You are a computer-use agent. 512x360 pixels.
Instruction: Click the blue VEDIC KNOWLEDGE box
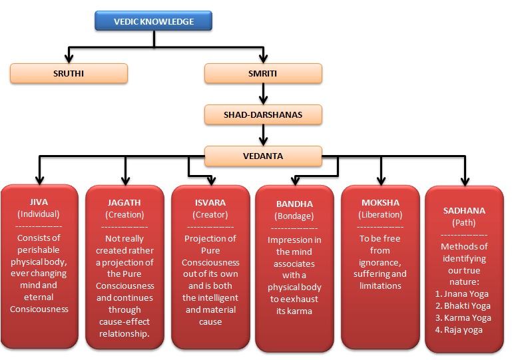click(x=154, y=21)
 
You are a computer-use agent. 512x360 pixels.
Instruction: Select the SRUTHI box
click(x=69, y=73)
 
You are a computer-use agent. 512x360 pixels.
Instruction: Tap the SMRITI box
click(x=263, y=73)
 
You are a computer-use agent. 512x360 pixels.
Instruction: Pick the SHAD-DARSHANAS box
click(x=263, y=114)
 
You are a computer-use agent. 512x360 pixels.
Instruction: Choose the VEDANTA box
click(x=263, y=156)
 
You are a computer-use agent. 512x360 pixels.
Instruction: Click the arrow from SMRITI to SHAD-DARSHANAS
click(x=263, y=94)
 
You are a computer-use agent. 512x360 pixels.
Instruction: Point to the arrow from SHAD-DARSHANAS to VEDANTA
click(x=263, y=135)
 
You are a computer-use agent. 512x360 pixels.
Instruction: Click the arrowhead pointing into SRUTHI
click(x=69, y=59)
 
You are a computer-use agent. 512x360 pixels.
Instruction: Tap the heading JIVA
click(x=39, y=202)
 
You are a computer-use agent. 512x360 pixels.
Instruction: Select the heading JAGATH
click(x=124, y=203)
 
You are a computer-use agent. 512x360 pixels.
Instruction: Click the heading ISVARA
click(x=210, y=203)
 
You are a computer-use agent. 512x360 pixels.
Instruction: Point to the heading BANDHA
click(x=294, y=204)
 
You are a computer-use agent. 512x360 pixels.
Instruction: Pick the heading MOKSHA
click(x=380, y=203)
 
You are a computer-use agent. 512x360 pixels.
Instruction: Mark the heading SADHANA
click(x=464, y=211)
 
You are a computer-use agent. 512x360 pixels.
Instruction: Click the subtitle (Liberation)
click(x=380, y=215)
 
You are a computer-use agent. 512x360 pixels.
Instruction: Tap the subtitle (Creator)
click(x=210, y=215)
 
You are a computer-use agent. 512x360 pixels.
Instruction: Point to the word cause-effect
click(x=125, y=322)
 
